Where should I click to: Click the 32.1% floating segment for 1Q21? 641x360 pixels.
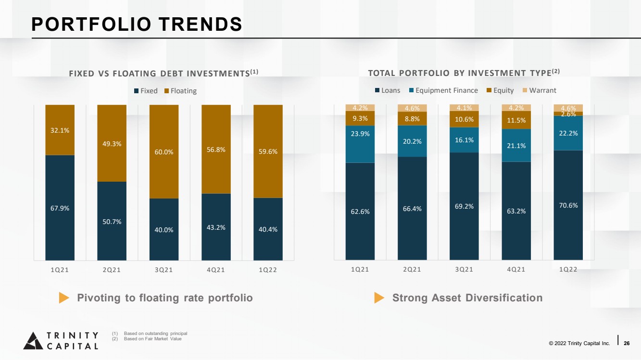[60, 130]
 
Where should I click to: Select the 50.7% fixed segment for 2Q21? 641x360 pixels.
[112, 221]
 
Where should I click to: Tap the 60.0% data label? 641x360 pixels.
[164, 152]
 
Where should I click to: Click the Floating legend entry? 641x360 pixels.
[180, 91]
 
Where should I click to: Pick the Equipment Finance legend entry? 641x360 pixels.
[443, 90]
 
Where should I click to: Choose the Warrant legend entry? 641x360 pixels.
[540, 90]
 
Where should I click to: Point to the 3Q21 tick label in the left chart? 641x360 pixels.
[164, 270]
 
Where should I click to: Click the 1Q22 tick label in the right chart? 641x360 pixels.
[568, 269]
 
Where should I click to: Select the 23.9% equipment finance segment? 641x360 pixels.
[360, 144]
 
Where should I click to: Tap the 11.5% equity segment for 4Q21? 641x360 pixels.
[516, 120]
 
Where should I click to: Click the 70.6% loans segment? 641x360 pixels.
[568, 205]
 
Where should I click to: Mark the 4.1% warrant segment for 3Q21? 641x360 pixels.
[464, 108]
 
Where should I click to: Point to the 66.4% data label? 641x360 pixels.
[412, 209]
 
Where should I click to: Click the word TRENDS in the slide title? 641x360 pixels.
[201, 24]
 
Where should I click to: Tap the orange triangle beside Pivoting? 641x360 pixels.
[64, 298]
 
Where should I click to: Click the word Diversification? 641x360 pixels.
[504, 298]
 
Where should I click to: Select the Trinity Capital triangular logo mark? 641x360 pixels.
[33, 341]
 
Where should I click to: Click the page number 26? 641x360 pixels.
[627, 343]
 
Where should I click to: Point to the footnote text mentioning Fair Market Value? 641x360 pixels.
[152, 339]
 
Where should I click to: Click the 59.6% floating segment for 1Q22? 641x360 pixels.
[268, 151]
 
